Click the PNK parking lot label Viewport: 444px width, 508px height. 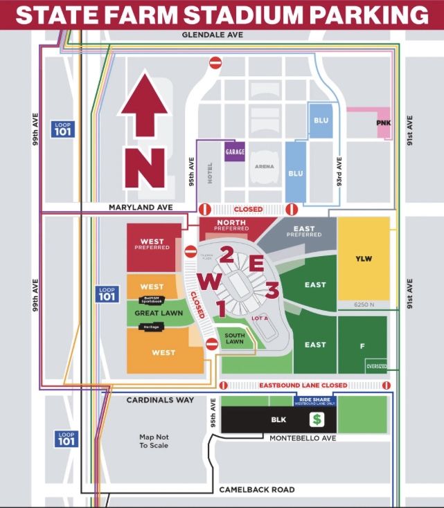point(383,123)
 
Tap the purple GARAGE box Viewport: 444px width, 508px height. point(235,151)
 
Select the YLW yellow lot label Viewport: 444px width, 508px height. point(364,259)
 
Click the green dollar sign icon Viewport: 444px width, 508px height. point(318,419)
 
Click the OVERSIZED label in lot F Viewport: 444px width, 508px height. point(377,366)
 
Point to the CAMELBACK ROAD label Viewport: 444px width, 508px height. point(257,489)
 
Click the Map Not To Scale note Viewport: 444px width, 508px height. point(154,441)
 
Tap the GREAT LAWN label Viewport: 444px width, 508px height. point(152,313)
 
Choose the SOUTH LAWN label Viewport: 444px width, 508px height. point(235,339)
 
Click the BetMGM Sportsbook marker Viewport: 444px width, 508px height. point(152,300)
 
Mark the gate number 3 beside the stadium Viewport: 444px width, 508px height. point(272,290)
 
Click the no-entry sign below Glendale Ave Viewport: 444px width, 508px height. point(215,63)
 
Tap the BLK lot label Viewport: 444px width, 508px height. point(278,419)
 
